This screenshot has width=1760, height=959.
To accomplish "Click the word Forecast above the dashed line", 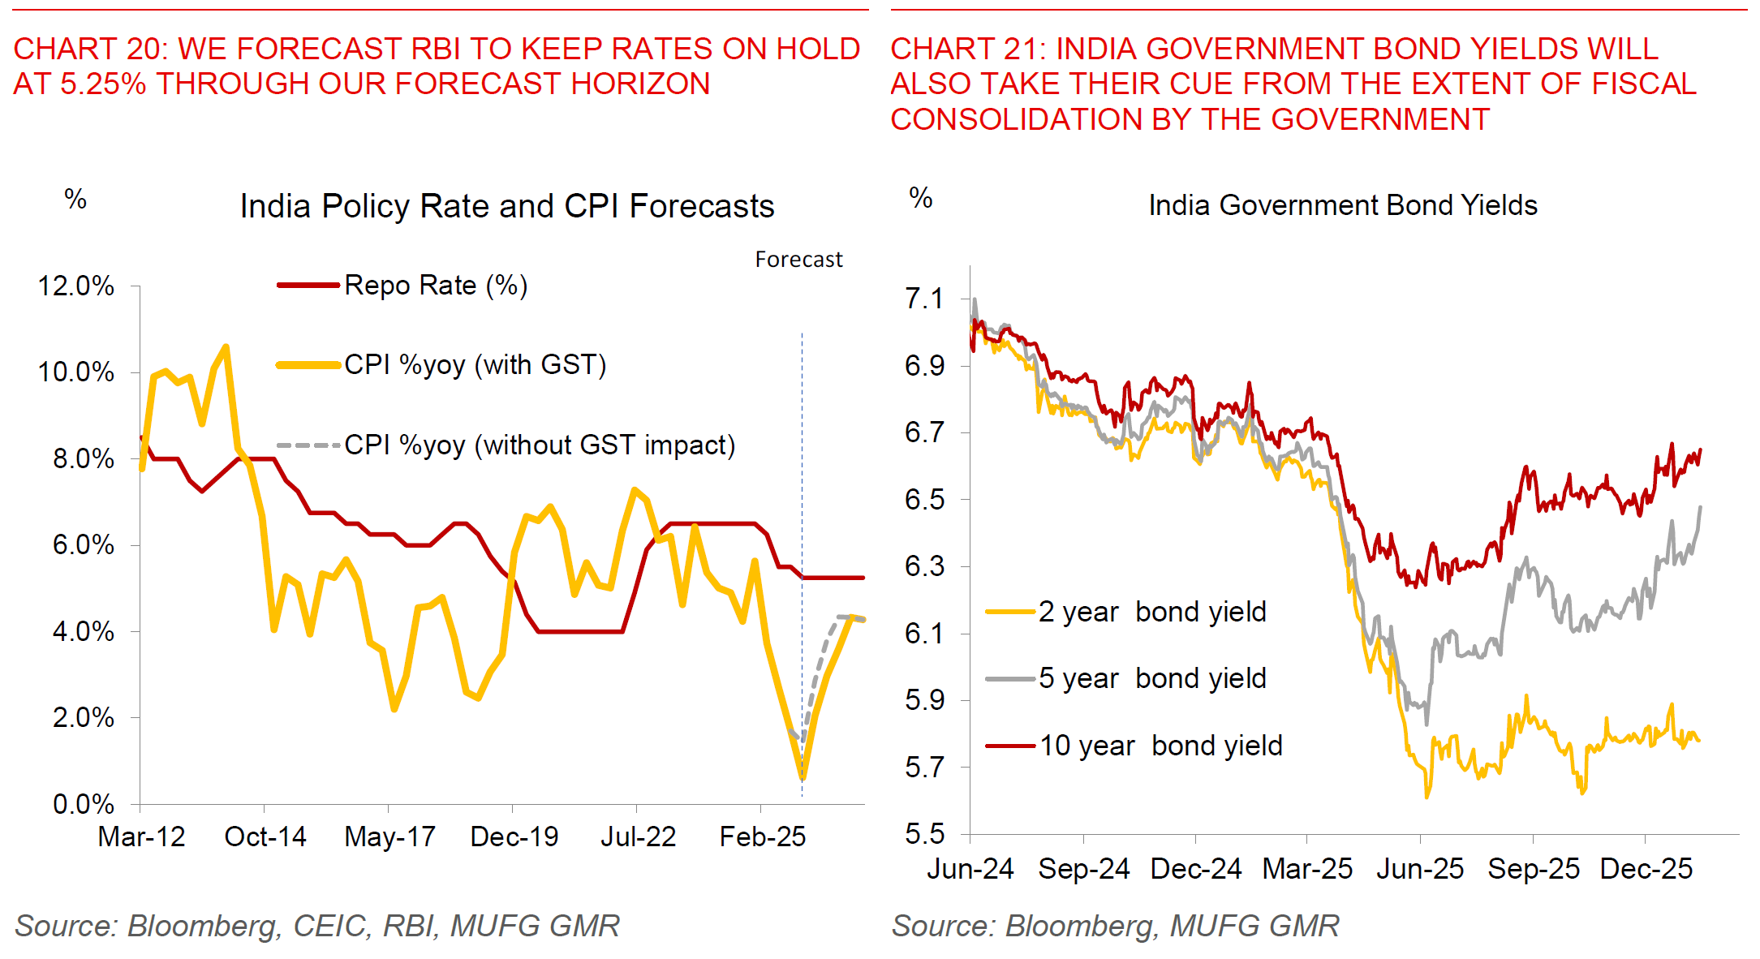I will coord(798,260).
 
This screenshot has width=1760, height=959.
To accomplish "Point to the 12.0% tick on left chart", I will coord(75,286).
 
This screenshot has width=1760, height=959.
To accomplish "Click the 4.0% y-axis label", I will coord(83,632).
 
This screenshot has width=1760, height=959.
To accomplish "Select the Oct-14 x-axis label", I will coord(265,837).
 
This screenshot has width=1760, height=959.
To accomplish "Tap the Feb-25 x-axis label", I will coord(762,837).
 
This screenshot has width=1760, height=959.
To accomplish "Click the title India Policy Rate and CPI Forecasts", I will coord(507,207).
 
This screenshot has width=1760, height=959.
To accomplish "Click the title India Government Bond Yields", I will coord(1342,206).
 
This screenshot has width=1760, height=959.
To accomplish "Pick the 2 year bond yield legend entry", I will coord(1151,612).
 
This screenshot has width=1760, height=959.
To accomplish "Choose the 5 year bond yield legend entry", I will coord(1151,678).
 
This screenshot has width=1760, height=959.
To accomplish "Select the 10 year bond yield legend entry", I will coord(1160,746).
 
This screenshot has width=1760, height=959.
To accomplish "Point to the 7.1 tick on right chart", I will coord(924,299).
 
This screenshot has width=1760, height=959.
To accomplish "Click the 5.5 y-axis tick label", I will coord(924,834).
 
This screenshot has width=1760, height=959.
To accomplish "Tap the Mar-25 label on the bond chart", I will coord(1307,870).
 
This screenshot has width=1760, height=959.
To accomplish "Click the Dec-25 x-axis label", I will coord(1646,870).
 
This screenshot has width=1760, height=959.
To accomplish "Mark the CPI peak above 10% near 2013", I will coord(226,347).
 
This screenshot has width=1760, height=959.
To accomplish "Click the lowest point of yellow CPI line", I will coord(803,777).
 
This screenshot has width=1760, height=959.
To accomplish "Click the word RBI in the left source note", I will coord(410,926).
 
